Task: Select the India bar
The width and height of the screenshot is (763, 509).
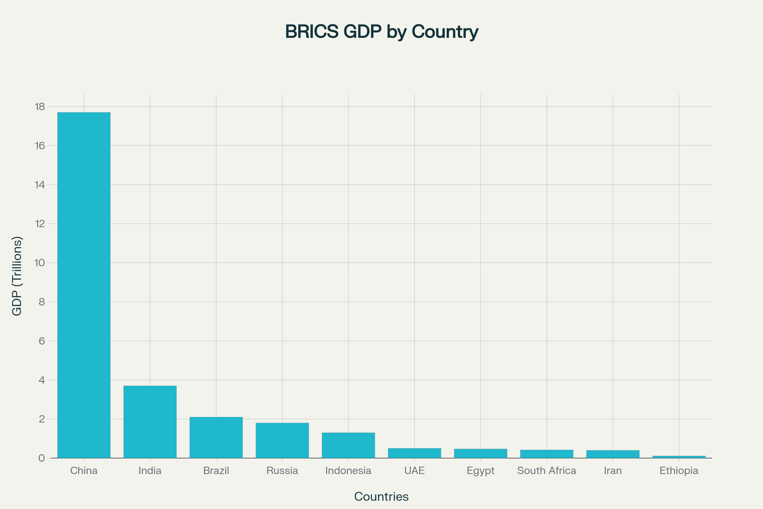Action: pos(150,422)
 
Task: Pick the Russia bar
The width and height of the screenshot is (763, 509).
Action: pos(282,440)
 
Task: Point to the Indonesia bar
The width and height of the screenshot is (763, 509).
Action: pos(348,445)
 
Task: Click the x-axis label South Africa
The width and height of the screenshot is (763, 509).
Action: pos(546,471)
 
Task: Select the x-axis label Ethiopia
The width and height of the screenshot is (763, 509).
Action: pos(679,471)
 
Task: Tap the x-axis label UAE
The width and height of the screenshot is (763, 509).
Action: pos(414,471)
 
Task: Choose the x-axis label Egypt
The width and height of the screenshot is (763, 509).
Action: pos(480,471)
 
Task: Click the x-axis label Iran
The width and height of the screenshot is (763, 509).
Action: pos(613,471)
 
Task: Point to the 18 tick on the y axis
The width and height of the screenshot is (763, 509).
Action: pos(40,107)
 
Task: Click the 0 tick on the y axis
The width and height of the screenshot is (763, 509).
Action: pos(42,458)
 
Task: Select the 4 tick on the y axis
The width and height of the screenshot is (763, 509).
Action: pos(42,380)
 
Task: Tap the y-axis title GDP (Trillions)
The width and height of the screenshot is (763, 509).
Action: pos(17,276)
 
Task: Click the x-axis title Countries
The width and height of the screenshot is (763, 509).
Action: pos(381,497)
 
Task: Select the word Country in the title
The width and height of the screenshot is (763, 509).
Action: pos(445,32)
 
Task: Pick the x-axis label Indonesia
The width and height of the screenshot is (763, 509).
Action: pos(348,471)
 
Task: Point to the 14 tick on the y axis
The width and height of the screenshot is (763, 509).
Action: pos(40,185)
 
